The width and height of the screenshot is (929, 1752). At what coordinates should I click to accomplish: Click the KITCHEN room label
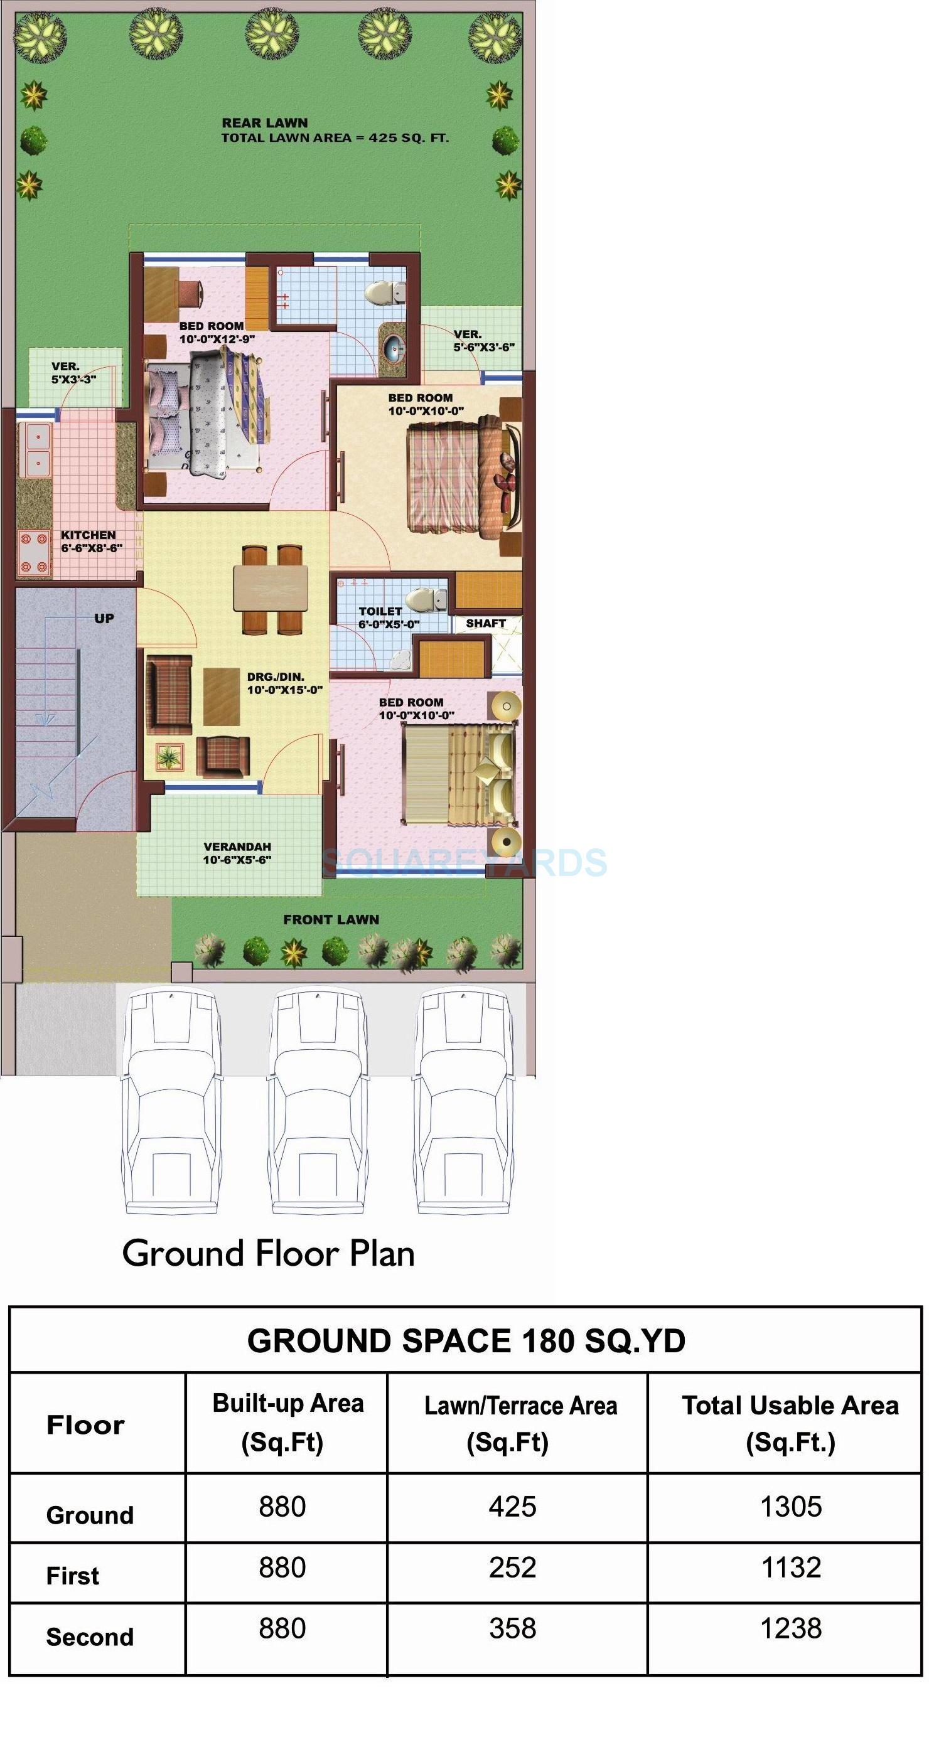tap(89, 535)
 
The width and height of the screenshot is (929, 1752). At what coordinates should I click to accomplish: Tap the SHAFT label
tap(486, 623)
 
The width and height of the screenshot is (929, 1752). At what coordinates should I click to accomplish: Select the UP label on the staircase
tap(104, 618)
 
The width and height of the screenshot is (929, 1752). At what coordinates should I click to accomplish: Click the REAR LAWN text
tap(264, 123)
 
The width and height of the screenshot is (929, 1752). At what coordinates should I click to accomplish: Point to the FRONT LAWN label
tap(331, 919)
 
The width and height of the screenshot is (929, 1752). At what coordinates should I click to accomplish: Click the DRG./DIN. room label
tap(276, 676)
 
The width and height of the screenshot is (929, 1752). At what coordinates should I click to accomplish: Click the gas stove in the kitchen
tap(34, 552)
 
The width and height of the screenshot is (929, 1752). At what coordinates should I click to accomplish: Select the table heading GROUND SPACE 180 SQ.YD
tap(466, 1340)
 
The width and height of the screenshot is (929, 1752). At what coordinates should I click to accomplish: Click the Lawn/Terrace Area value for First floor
tap(512, 1567)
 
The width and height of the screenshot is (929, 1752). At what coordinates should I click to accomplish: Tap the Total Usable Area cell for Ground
tap(790, 1507)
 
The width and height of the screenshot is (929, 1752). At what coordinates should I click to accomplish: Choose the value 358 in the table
tap(512, 1628)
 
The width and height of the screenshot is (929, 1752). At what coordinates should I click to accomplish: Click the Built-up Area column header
tap(287, 1421)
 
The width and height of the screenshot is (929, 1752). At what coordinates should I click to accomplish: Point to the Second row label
tap(89, 1637)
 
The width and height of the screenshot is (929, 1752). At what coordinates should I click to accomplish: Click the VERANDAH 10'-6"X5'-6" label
tap(237, 853)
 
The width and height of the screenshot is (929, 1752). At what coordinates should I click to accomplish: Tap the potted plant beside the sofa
tap(169, 756)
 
